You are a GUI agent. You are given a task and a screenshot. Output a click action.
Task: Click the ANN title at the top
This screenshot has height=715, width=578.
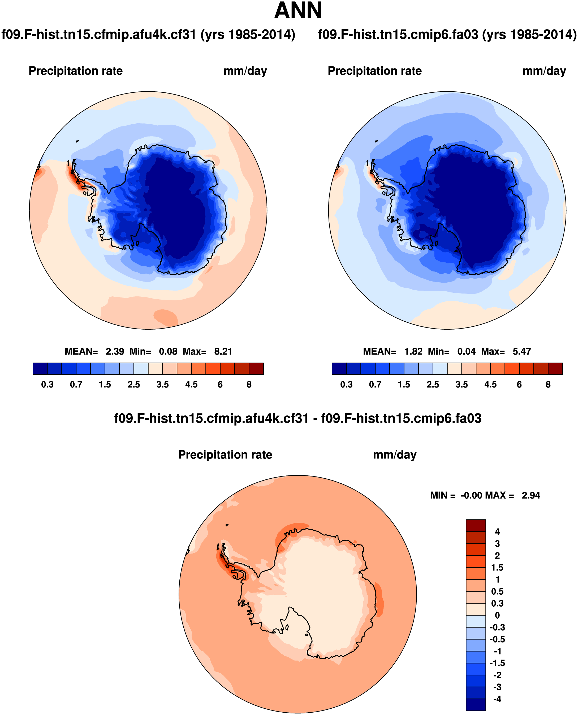point(298,11)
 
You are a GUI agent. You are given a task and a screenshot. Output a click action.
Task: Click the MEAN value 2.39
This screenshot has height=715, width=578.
point(115,351)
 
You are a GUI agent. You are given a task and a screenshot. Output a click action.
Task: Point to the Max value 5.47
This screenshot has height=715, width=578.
point(521,351)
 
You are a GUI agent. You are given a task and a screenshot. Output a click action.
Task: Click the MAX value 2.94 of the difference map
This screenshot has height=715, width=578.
point(531,495)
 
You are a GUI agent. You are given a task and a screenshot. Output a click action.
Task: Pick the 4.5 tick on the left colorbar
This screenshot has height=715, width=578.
point(191,385)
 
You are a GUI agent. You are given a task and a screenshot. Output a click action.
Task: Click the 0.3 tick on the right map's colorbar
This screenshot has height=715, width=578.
point(346,385)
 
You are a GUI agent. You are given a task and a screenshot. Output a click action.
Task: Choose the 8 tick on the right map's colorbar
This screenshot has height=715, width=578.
point(548,385)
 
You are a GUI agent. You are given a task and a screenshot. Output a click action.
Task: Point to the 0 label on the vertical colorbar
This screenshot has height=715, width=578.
point(497,615)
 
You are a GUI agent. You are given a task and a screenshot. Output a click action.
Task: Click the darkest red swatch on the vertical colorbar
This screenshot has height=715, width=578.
point(476,525)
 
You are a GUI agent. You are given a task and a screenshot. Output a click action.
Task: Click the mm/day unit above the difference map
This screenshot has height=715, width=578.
point(395,455)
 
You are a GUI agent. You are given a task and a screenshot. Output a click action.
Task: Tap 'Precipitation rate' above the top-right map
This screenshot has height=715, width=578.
point(374,71)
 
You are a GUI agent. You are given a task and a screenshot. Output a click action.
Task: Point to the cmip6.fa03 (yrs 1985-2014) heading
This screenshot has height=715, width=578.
point(447,35)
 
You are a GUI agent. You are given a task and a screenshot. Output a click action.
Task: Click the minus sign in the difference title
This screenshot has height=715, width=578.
point(315,419)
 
